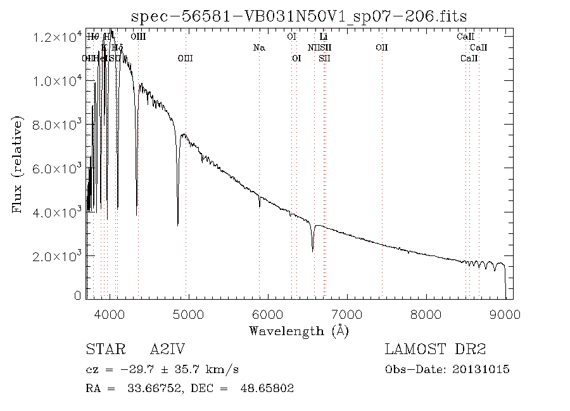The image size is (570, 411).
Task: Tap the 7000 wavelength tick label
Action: point(347,314)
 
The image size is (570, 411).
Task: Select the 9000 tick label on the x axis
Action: point(505,314)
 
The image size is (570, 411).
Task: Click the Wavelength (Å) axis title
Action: point(299,331)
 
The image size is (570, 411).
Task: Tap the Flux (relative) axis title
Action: point(18,165)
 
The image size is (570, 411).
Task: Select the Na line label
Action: point(258,47)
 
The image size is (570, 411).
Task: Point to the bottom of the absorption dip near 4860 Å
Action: point(178,224)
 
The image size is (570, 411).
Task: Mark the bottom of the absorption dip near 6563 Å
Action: point(312,251)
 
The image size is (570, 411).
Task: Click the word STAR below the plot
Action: point(104,350)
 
